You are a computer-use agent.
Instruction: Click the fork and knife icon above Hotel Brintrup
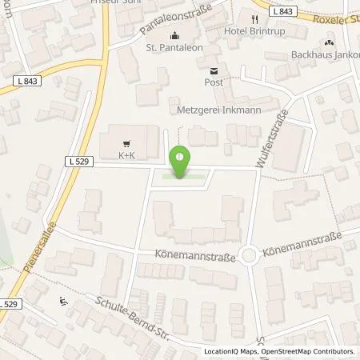(x=256, y=19)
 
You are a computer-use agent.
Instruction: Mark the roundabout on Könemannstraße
(x=249, y=256)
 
